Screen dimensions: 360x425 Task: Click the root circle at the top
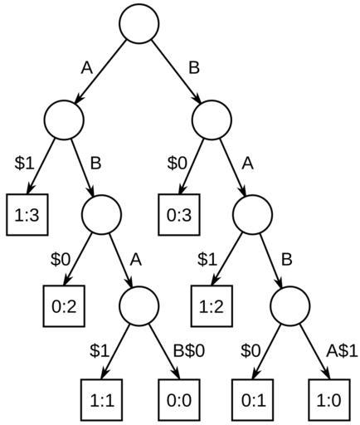(139, 23)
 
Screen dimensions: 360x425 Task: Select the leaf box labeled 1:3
(27, 215)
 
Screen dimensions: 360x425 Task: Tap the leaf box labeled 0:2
(64, 306)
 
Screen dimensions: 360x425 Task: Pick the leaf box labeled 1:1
(102, 400)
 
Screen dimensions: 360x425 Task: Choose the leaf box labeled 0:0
(179, 400)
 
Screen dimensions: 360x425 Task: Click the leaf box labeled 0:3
(179, 215)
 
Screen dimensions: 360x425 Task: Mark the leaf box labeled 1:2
(212, 306)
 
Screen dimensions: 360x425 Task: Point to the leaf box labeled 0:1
(253, 400)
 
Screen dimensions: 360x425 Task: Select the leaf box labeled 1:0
(329, 400)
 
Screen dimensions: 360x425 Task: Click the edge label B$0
(189, 351)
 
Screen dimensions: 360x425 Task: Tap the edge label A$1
(342, 351)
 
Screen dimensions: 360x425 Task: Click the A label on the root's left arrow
(87, 68)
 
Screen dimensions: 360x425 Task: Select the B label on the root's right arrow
(194, 68)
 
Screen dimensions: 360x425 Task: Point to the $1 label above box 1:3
(24, 163)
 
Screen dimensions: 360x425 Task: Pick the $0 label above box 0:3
(178, 163)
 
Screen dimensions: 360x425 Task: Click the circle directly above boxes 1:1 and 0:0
(139, 305)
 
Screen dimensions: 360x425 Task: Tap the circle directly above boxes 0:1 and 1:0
(290, 305)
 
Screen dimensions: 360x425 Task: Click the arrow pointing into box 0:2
(78, 260)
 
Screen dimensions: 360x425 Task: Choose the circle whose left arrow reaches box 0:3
(212, 120)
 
